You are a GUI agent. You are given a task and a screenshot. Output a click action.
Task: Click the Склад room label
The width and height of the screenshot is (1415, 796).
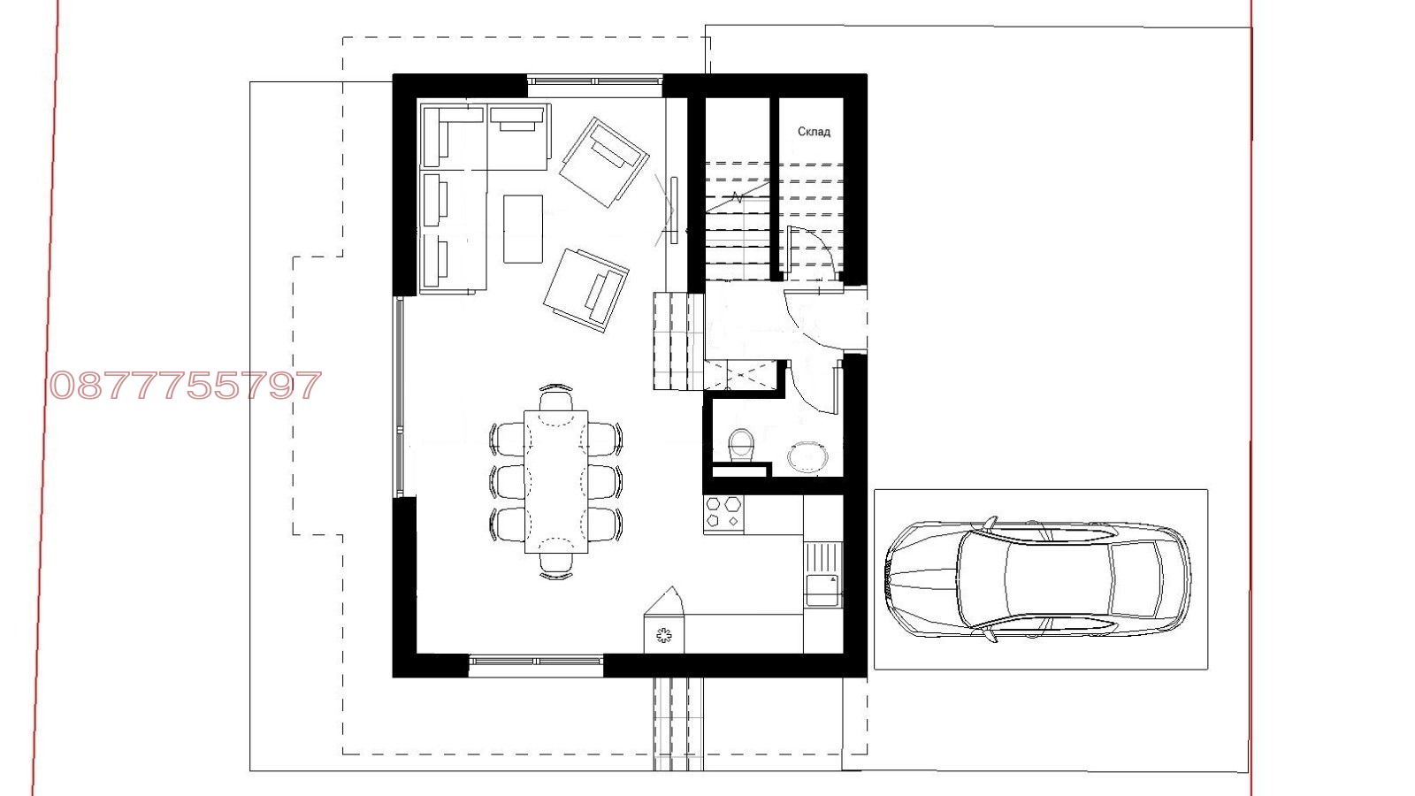pos(814,132)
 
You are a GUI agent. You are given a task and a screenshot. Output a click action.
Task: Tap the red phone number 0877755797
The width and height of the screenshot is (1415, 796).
pos(186,386)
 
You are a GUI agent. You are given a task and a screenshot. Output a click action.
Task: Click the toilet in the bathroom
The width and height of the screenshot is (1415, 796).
pos(740,445)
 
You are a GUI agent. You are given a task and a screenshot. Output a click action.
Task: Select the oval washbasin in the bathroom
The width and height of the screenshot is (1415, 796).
pos(807,457)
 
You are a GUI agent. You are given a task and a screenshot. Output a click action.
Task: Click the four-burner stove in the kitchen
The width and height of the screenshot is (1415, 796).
pos(723,513)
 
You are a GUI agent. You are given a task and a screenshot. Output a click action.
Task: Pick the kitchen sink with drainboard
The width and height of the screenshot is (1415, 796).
pos(823,574)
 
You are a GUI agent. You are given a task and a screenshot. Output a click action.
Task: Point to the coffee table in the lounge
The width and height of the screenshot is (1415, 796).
pos(523,229)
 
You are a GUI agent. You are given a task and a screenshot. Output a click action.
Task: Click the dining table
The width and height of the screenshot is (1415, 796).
pos(556,481)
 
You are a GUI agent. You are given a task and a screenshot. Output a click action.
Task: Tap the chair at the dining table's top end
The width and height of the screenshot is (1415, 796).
pos(556,397)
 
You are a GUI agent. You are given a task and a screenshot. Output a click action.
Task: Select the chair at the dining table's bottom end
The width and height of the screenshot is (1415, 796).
pos(556,565)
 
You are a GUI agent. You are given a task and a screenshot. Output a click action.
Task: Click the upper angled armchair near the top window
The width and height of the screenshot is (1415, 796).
pos(604,162)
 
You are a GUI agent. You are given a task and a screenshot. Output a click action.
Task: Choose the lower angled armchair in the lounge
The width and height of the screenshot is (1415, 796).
pos(586,290)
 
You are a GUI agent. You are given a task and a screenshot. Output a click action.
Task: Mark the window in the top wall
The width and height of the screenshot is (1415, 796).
pos(595,81)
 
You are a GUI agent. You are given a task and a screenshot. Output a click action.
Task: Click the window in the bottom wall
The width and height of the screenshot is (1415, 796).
pos(536,661)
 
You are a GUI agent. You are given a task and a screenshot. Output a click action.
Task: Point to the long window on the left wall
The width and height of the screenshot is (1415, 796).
pos(399,397)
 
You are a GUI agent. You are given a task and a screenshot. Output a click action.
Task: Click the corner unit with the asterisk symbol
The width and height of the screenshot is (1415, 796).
pos(663,633)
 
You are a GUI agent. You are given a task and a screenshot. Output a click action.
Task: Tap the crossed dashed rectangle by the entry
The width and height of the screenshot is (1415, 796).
pos(740,375)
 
